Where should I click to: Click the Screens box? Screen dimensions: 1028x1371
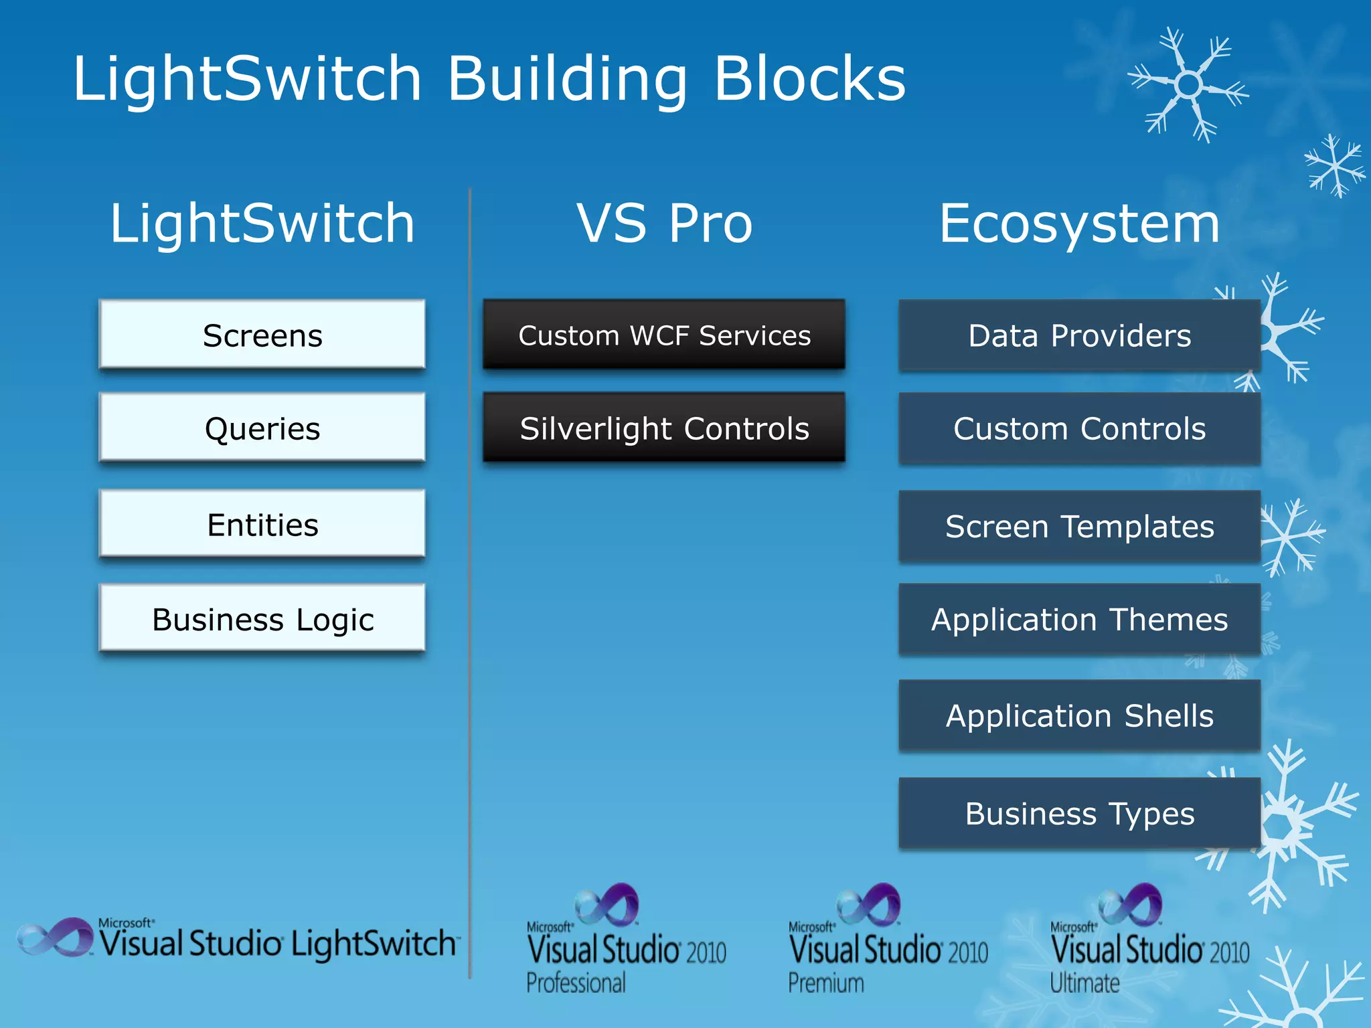coord(262,335)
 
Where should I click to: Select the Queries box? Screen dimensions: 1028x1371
coord(262,428)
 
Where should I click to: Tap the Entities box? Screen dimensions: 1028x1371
coord(262,524)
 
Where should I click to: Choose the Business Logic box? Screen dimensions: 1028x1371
coord(262,618)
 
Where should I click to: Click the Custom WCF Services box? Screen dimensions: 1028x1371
coord(664,335)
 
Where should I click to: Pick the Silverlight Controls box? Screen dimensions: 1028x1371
coord(664,428)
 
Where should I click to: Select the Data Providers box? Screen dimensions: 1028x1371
coord(1079,335)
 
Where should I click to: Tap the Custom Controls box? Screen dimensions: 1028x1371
coord(1079,428)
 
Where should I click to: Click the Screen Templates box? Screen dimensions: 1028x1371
coord(1079,526)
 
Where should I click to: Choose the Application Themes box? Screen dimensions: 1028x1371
coord(1079,619)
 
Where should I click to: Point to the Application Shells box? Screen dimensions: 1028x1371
coord(1079,715)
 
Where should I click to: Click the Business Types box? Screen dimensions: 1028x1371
coord(1079,813)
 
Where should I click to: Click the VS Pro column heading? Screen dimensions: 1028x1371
coord(664,224)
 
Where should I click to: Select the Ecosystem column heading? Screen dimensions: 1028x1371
coord(1079,224)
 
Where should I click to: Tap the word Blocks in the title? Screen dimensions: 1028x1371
coord(810,78)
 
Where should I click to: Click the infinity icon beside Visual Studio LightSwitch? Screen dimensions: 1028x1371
coord(55,936)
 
